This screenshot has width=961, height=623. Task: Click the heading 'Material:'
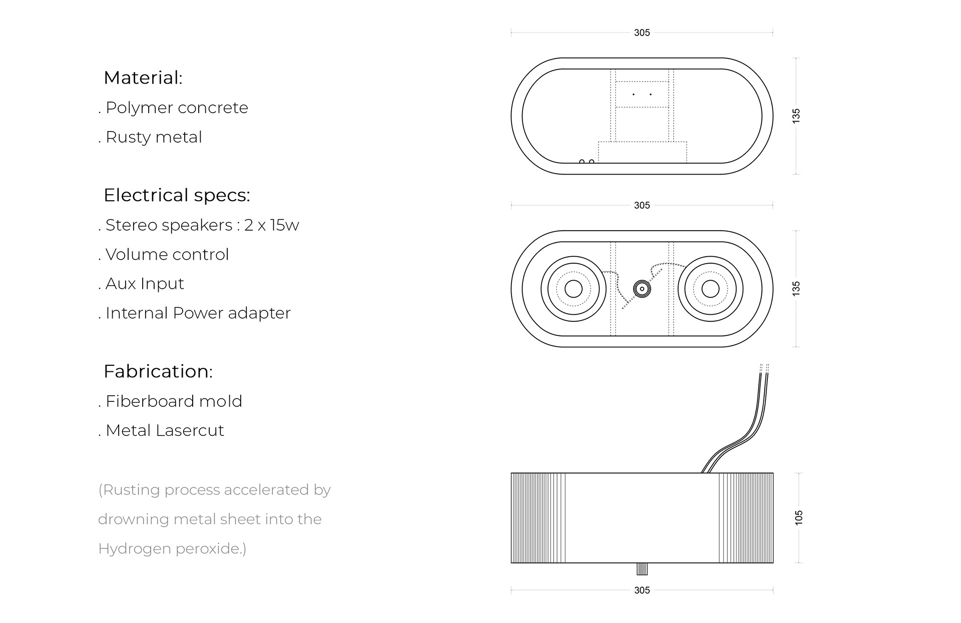(x=143, y=78)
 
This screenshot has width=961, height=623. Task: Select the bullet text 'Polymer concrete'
(x=177, y=108)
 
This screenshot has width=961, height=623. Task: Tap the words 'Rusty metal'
(x=154, y=137)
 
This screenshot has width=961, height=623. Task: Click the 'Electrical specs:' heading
(x=177, y=195)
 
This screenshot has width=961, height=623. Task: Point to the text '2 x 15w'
(x=271, y=225)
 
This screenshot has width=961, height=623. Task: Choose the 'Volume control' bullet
(x=167, y=255)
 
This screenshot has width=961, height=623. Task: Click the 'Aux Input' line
(x=145, y=284)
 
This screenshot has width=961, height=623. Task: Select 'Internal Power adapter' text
(x=198, y=313)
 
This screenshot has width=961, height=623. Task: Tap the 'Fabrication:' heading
(x=158, y=372)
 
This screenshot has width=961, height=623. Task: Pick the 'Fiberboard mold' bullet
(x=174, y=401)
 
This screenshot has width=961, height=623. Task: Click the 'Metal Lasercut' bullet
(x=165, y=430)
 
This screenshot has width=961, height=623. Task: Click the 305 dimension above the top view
(x=642, y=33)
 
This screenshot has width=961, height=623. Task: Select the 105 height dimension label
(x=799, y=517)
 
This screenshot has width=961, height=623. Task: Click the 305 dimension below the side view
(x=642, y=590)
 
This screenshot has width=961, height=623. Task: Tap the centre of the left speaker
(x=574, y=289)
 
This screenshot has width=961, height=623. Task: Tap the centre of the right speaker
(x=710, y=289)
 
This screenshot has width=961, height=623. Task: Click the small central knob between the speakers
(x=642, y=289)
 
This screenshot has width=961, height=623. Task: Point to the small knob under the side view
(x=642, y=569)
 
